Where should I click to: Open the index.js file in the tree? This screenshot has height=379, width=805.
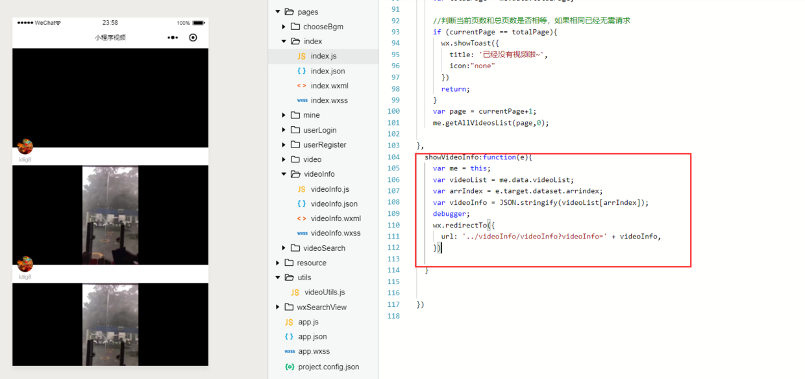(323, 56)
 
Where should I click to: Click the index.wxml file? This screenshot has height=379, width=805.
(329, 86)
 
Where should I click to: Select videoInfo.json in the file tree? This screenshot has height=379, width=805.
(334, 203)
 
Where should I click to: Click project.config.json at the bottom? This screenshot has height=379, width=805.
(328, 367)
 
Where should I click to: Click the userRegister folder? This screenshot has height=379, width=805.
(324, 145)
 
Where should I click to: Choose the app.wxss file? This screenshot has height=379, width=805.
(314, 351)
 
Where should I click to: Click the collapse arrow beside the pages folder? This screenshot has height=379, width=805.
(278, 12)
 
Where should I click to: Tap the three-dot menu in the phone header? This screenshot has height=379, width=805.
(173, 38)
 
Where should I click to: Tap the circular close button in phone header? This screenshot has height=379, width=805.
(193, 38)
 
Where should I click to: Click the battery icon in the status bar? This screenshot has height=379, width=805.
(199, 23)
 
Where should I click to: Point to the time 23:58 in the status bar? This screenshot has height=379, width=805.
(110, 23)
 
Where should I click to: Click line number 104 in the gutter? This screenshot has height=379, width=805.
(393, 157)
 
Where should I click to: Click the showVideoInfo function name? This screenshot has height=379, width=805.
(451, 157)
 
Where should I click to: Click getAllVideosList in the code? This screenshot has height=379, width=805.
(479, 122)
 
